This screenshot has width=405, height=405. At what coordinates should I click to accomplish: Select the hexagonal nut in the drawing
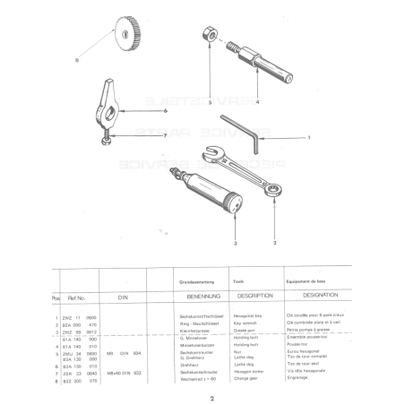click(206, 33)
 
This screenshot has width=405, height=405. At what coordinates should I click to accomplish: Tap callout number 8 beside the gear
click(77, 61)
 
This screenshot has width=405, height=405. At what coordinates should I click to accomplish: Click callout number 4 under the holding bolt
click(257, 103)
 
